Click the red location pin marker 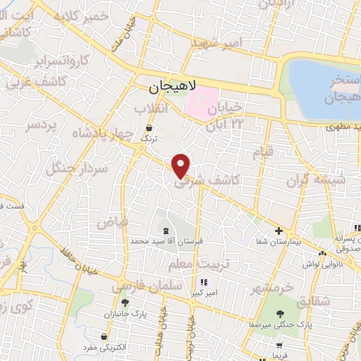coord(181,165)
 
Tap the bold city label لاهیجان coord(172,88)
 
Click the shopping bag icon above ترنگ coord(149,128)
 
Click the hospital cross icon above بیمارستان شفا coord(279,231)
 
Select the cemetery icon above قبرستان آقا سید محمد coord(166,231)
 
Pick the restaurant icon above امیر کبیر coord(204,283)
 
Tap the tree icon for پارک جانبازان coord(125,303)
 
